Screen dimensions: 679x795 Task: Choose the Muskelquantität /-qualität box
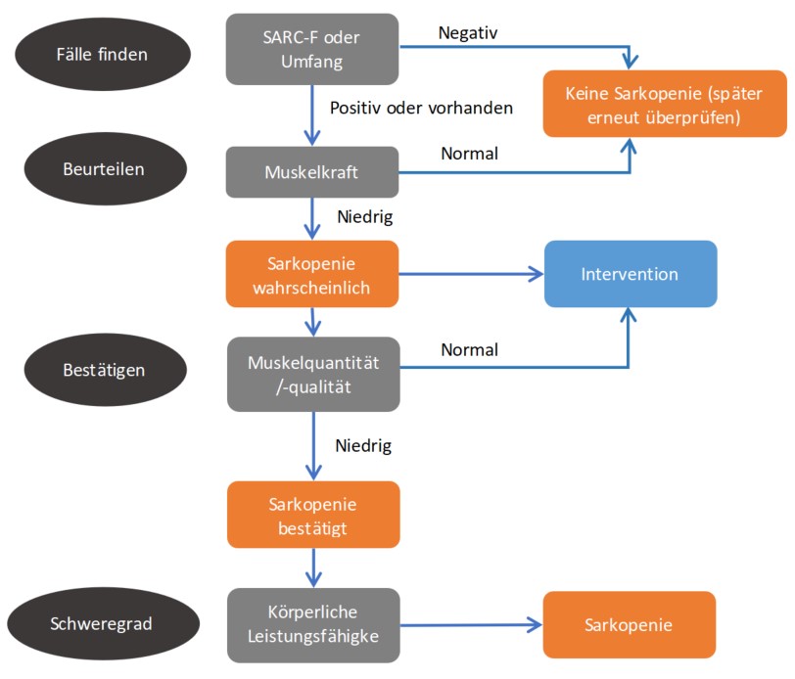click(312, 373)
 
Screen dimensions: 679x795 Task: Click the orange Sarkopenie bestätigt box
click(312, 515)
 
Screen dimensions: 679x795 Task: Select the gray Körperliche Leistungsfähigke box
click(312, 622)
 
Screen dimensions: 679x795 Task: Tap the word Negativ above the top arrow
click(469, 33)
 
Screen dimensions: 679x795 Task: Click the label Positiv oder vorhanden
click(421, 108)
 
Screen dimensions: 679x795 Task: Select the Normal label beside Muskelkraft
click(470, 154)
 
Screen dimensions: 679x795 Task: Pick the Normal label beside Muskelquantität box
click(470, 349)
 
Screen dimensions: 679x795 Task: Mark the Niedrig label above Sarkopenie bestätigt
click(363, 446)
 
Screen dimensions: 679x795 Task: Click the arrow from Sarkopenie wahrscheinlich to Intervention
click(470, 275)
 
